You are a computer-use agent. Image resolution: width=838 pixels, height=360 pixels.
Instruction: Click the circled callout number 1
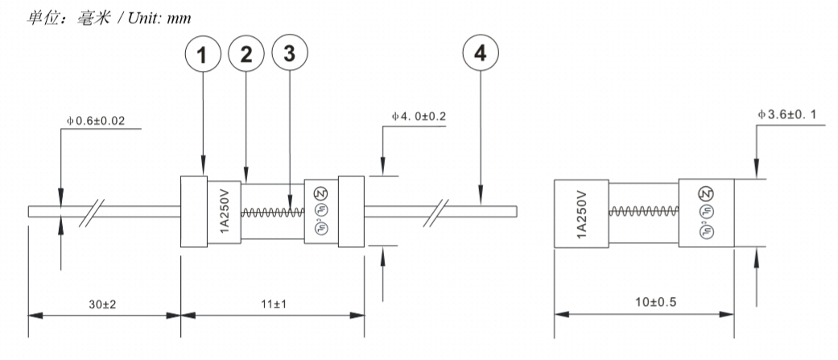click(x=203, y=56)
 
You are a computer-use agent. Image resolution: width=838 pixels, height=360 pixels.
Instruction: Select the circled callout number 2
click(x=246, y=56)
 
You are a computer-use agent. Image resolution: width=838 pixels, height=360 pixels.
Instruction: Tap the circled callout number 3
click(x=289, y=56)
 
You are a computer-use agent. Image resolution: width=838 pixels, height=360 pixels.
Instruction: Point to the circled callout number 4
click(x=481, y=56)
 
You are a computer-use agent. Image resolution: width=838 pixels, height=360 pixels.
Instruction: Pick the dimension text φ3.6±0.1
click(x=792, y=115)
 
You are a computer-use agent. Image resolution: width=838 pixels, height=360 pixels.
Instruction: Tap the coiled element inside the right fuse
click(x=642, y=212)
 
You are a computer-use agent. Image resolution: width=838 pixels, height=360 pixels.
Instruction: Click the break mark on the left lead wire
click(x=95, y=212)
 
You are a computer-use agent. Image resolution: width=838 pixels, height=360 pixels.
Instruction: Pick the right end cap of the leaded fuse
click(x=352, y=212)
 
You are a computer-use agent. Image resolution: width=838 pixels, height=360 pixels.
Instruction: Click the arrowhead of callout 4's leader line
click(x=481, y=201)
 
